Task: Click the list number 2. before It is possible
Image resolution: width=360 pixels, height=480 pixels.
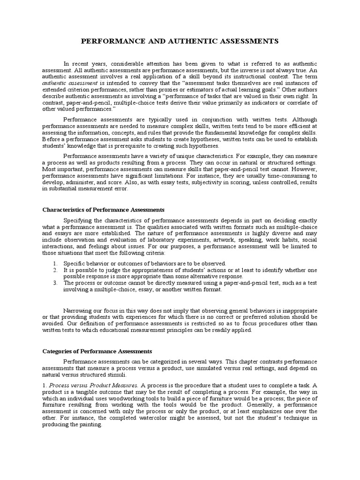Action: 55,270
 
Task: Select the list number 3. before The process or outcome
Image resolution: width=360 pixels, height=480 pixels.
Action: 55,283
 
